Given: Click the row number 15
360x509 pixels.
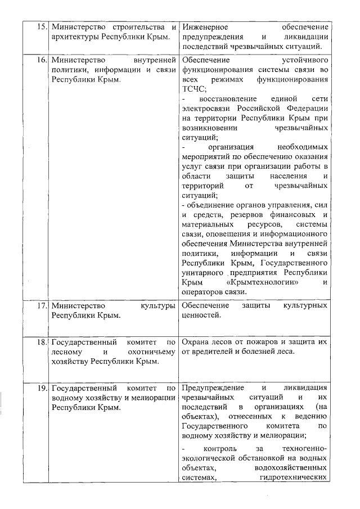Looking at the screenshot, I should click(x=42, y=27).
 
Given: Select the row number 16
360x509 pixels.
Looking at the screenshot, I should click(x=42, y=60).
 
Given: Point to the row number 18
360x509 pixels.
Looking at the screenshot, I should click(x=42, y=342).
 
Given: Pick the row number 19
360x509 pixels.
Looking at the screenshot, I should click(x=42, y=388).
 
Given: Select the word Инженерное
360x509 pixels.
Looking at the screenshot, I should click(x=205, y=27).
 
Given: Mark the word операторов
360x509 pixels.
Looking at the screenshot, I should click(x=202, y=291).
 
